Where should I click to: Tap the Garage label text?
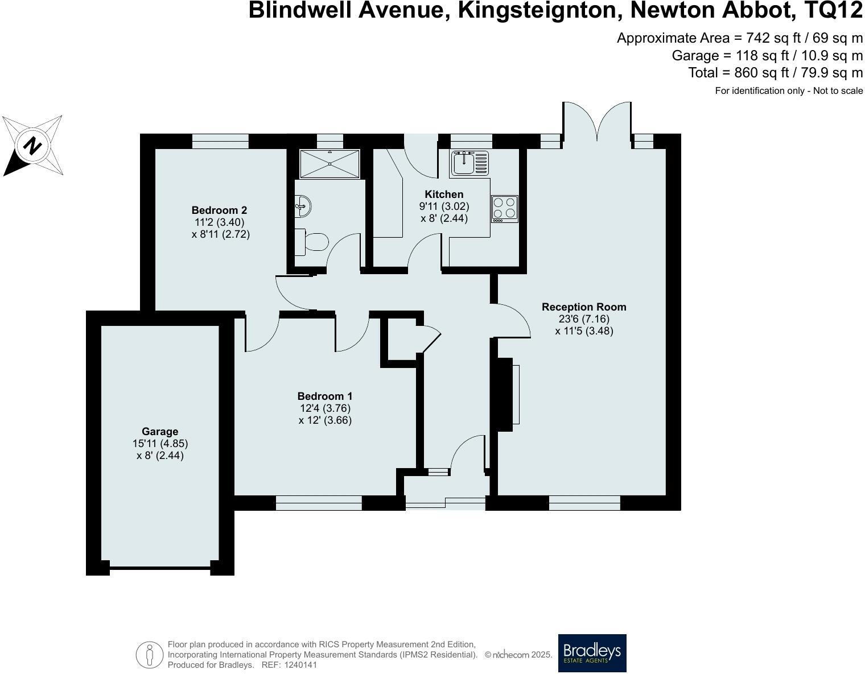point(160,432)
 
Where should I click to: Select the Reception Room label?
point(584,307)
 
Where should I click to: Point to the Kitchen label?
point(444,195)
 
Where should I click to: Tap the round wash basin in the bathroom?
point(303,205)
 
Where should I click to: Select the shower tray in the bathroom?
point(330,163)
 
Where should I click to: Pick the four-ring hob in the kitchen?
point(505,208)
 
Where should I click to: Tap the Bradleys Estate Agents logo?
point(592,653)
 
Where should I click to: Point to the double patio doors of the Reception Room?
point(597,122)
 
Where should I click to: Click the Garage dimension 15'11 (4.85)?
point(160,444)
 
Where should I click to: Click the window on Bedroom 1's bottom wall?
point(319,503)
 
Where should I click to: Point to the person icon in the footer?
point(150,655)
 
